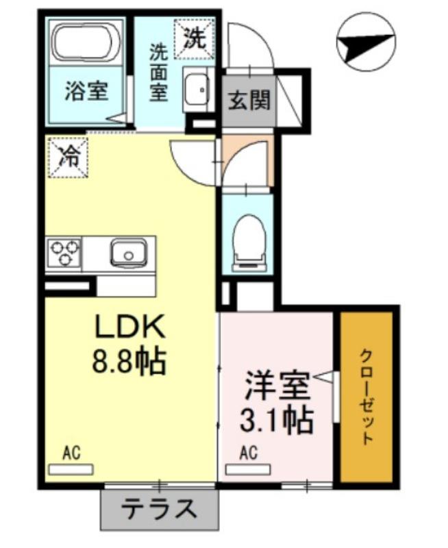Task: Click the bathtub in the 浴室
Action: [x=87, y=42]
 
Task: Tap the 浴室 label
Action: [x=86, y=92]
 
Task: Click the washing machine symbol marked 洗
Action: [x=194, y=38]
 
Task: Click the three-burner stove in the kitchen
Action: [x=63, y=251]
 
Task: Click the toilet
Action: [x=247, y=239]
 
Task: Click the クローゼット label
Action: [x=367, y=397]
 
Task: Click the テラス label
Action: [x=159, y=510]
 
